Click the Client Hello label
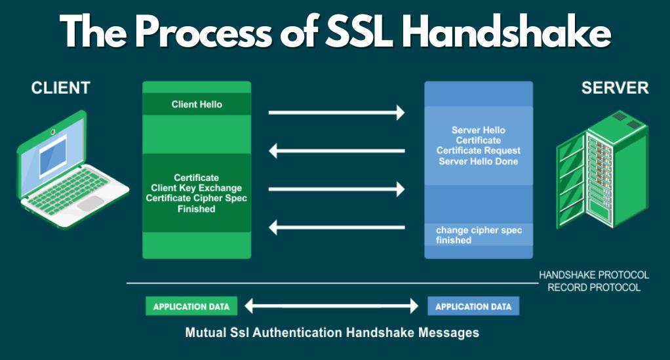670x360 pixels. [x=197, y=104]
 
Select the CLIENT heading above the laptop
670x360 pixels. [x=61, y=88]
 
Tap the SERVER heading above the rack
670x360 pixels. [x=615, y=88]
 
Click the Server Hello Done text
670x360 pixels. [x=479, y=161]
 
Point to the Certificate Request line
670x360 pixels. [x=479, y=151]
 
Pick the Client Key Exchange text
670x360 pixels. [x=196, y=188]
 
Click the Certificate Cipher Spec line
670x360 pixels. [x=196, y=199]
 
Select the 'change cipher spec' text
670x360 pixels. [x=479, y=230]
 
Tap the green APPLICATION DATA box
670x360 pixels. [x=191, y=306]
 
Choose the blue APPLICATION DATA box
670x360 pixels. [x=473, y=306]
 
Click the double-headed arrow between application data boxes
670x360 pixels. [x=332, y=306]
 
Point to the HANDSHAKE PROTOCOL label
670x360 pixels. [x=594, y=275]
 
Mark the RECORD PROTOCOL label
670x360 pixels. [x=594, y=288]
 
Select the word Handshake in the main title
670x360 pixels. [x=507, y=31]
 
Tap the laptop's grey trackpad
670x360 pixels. [x=90, y=203]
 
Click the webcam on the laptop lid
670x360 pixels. [x=52, y=132]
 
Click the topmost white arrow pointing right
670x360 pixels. [x=336, y=112]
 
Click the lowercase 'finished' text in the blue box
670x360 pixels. [x=454, y=240]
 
